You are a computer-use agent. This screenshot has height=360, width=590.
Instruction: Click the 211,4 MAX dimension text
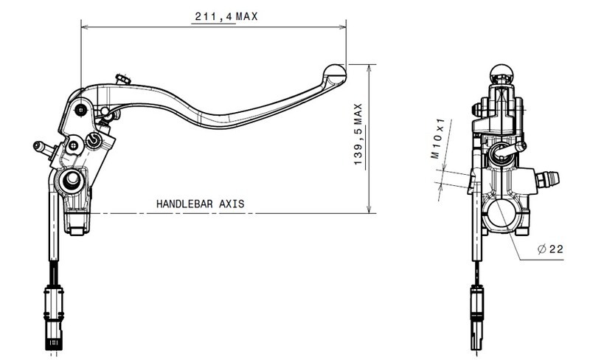[x=226, y=16]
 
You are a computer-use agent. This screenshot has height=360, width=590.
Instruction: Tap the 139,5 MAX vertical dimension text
[x=358, y=134]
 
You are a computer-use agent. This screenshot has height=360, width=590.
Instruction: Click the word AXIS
[x=232, y=204]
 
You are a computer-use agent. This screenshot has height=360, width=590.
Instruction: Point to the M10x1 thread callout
[x=438, y=138]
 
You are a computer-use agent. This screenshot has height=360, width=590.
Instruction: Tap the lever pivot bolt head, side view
[x=81, y=110]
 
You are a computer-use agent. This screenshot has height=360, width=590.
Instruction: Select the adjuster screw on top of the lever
[x=123, y=80]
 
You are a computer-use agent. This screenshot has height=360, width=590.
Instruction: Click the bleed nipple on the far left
[x=43, y=148]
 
